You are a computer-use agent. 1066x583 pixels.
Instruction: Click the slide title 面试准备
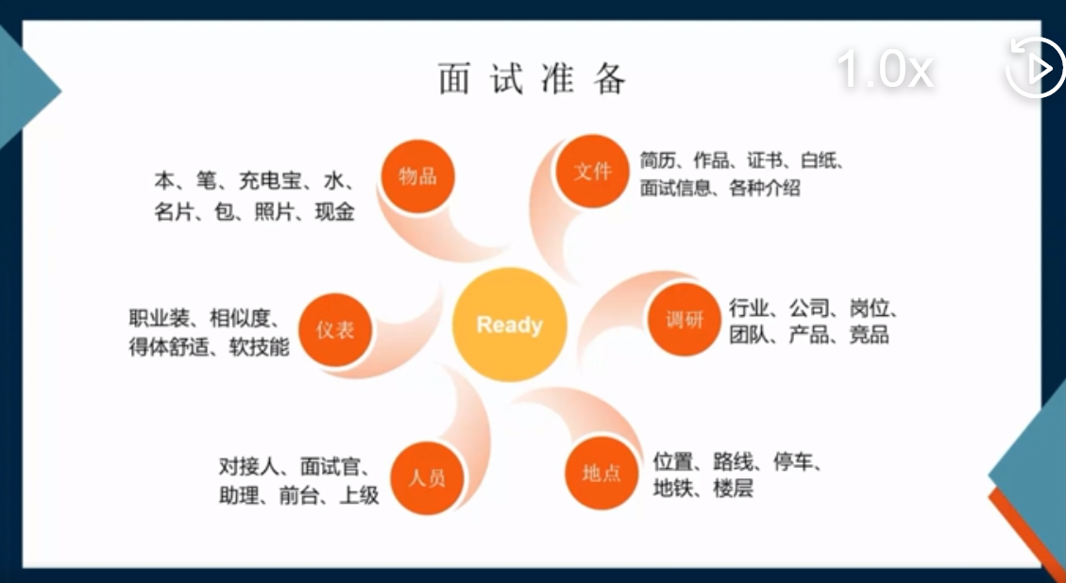532,79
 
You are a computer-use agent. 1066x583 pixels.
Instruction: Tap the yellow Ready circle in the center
510,325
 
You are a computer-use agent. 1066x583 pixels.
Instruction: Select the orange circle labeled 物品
417,176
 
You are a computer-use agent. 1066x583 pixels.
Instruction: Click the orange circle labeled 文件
592,172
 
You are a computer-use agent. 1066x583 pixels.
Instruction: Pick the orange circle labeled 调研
684,320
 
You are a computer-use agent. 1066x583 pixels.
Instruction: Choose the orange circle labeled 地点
601,473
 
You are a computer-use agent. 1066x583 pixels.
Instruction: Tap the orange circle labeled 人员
427,477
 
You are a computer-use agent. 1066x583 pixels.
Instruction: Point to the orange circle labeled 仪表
335,330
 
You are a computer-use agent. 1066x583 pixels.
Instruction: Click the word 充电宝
269,181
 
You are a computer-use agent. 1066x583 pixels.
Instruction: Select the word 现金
334,211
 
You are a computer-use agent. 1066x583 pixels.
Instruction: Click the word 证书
766,160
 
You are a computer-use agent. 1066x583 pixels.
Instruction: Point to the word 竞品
869,334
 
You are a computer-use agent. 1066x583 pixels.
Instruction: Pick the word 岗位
869,308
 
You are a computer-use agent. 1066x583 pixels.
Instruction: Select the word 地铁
673,489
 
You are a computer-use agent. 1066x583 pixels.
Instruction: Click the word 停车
793,462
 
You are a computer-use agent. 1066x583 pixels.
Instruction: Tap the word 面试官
330,467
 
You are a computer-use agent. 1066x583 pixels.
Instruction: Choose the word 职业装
159,318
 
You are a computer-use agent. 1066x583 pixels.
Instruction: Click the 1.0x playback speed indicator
885,69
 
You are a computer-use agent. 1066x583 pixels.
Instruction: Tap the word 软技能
259,347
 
